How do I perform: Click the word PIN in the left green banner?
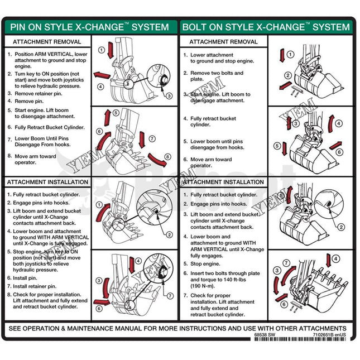coord(20,26)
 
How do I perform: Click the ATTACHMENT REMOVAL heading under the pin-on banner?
coord(46,42)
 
